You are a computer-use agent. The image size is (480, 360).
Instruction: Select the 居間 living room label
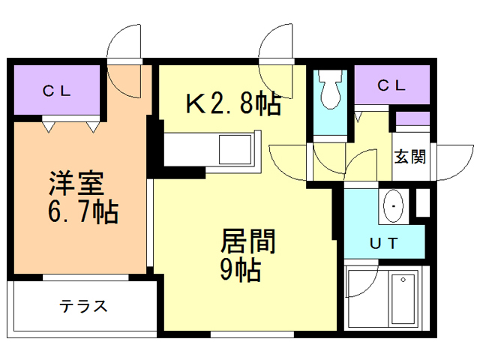247,242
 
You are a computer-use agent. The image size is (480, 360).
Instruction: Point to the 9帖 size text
240,269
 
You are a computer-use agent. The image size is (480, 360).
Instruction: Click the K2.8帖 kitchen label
232,104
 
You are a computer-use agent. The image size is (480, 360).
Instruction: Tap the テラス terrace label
84,306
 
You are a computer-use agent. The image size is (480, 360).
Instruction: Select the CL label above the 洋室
56,92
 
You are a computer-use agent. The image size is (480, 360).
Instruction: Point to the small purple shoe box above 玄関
412,118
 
